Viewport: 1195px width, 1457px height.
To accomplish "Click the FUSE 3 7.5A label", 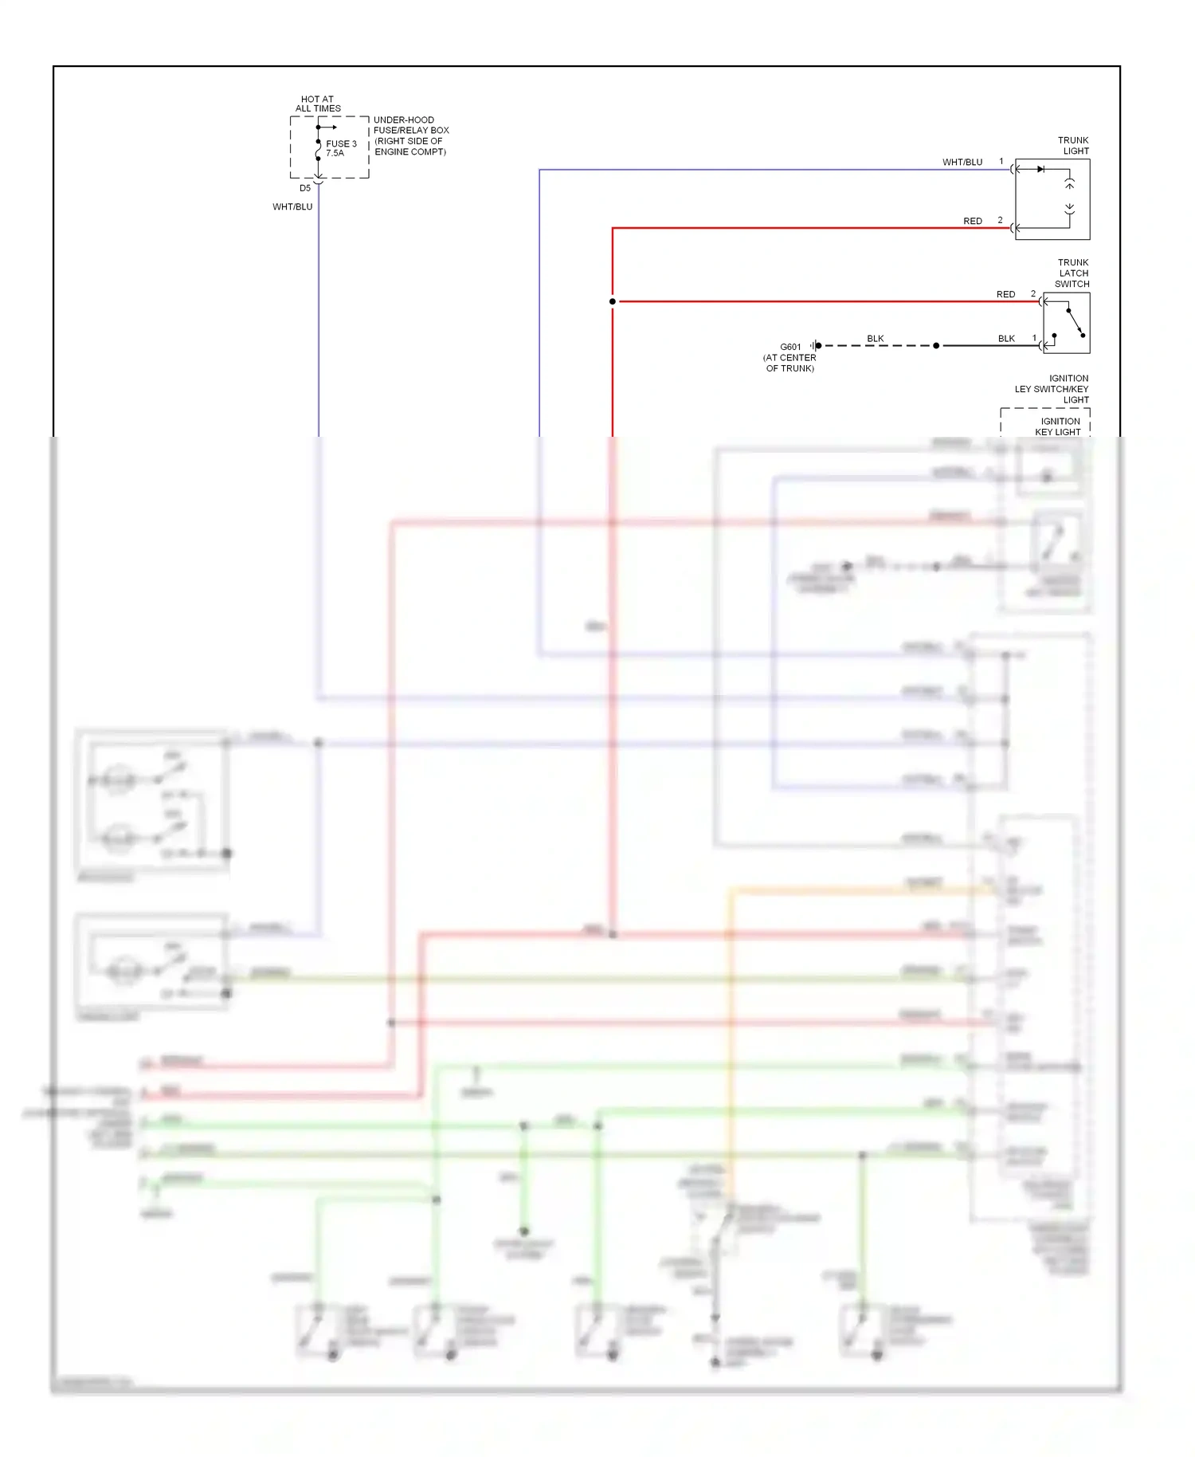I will [340, 148].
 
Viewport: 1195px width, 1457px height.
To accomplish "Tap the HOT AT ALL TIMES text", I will [318, 104].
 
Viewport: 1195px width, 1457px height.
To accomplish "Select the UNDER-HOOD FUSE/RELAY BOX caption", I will [410, 135].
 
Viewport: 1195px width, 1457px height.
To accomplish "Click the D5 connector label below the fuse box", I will [305, 189].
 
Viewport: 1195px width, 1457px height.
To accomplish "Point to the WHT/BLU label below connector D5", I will [292, 207].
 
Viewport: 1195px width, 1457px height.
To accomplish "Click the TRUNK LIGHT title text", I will [1073, 146].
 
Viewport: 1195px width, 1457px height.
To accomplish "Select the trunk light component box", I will [1052, 199].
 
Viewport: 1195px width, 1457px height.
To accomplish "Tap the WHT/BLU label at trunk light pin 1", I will [962, 163].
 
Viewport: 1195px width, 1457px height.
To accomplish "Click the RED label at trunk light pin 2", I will [972, 222].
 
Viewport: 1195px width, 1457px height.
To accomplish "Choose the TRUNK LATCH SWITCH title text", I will [1072, 273].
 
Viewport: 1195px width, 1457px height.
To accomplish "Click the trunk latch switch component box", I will [1066, 324].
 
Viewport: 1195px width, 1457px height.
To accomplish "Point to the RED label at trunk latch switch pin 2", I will [1005, 295].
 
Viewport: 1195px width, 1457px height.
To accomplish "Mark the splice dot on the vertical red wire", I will [612, 302].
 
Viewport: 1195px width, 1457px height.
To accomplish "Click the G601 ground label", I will [790, 348].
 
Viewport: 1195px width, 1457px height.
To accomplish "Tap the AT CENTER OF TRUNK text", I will [789, 363].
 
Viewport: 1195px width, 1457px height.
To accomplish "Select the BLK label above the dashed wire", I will [875, 340].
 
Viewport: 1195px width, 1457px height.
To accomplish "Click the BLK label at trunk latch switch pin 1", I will [1006, 340].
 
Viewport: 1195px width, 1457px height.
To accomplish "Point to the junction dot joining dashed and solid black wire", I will [936, 346].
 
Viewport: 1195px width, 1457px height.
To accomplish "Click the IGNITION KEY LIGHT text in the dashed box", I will [1060, 426].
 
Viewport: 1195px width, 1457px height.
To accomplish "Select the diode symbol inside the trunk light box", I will [1040, 169].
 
